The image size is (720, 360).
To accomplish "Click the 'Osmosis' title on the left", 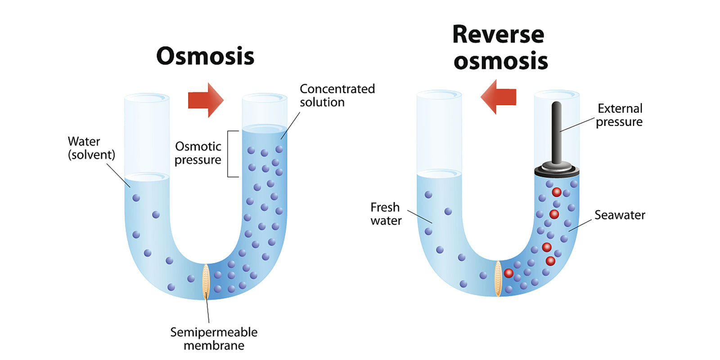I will point(205,57).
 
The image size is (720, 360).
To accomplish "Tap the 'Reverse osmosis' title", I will point(499,48).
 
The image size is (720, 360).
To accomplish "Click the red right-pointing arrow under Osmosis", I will point(205,100).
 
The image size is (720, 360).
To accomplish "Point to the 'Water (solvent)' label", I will point(91,148).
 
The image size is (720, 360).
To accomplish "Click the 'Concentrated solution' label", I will point(337,95).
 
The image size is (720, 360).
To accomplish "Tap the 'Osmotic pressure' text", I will point(198,153).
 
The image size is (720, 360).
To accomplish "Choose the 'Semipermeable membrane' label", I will point(214,339).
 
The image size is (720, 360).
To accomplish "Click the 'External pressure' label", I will point(619,115).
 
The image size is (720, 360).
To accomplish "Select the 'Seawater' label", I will point(620,215).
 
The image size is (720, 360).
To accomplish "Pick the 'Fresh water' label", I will point(386,214).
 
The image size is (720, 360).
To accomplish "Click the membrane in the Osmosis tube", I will point(206,282).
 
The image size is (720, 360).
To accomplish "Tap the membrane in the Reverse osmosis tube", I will point(498,279).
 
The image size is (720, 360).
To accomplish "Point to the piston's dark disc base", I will point(557,171).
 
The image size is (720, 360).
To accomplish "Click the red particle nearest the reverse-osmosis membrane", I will point(508,273).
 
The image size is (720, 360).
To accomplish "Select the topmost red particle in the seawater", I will point(557,192).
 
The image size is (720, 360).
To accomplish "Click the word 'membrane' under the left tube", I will point(214,346).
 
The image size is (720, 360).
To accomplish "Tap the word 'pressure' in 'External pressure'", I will point(619,122).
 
